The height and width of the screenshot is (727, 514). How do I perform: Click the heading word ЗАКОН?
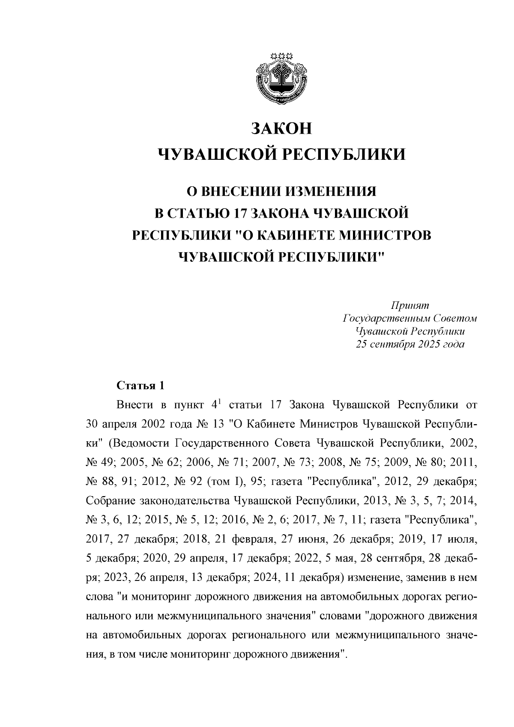click(281, 129)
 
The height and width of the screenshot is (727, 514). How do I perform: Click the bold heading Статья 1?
click(140, 385)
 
